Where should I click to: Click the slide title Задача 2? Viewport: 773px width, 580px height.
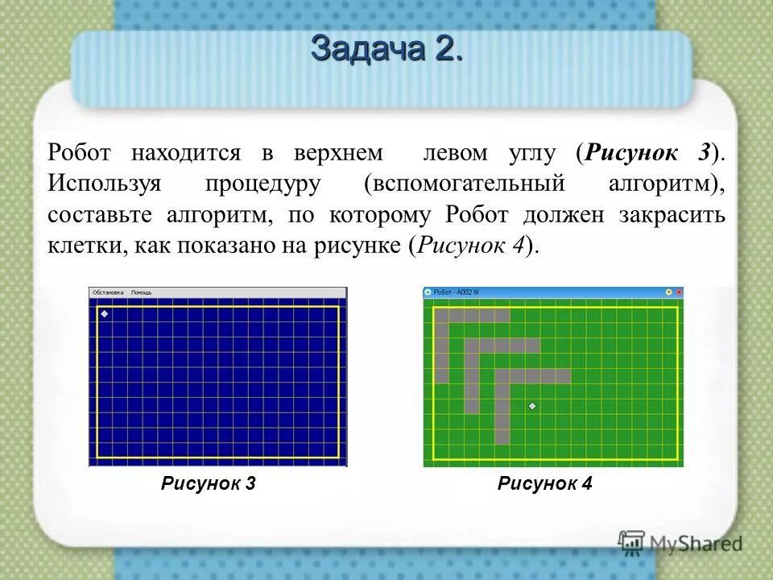386,49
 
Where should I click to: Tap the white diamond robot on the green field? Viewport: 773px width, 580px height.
531,407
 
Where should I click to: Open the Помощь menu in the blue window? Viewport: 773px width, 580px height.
141,292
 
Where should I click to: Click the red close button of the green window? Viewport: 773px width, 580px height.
678,292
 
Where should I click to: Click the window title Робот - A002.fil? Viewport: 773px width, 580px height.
456,292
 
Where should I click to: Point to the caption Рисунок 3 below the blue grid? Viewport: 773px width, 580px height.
209,483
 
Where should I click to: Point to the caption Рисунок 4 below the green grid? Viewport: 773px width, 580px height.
545,483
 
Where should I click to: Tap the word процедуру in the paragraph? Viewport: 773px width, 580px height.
262,184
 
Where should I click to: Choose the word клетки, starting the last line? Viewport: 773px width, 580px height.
82,246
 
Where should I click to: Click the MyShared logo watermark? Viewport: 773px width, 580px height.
680,543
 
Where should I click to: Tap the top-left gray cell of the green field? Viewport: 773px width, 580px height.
441,316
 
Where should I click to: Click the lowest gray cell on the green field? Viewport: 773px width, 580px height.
502,437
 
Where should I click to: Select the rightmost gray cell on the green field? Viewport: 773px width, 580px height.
562,376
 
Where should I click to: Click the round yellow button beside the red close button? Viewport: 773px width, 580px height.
668,292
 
